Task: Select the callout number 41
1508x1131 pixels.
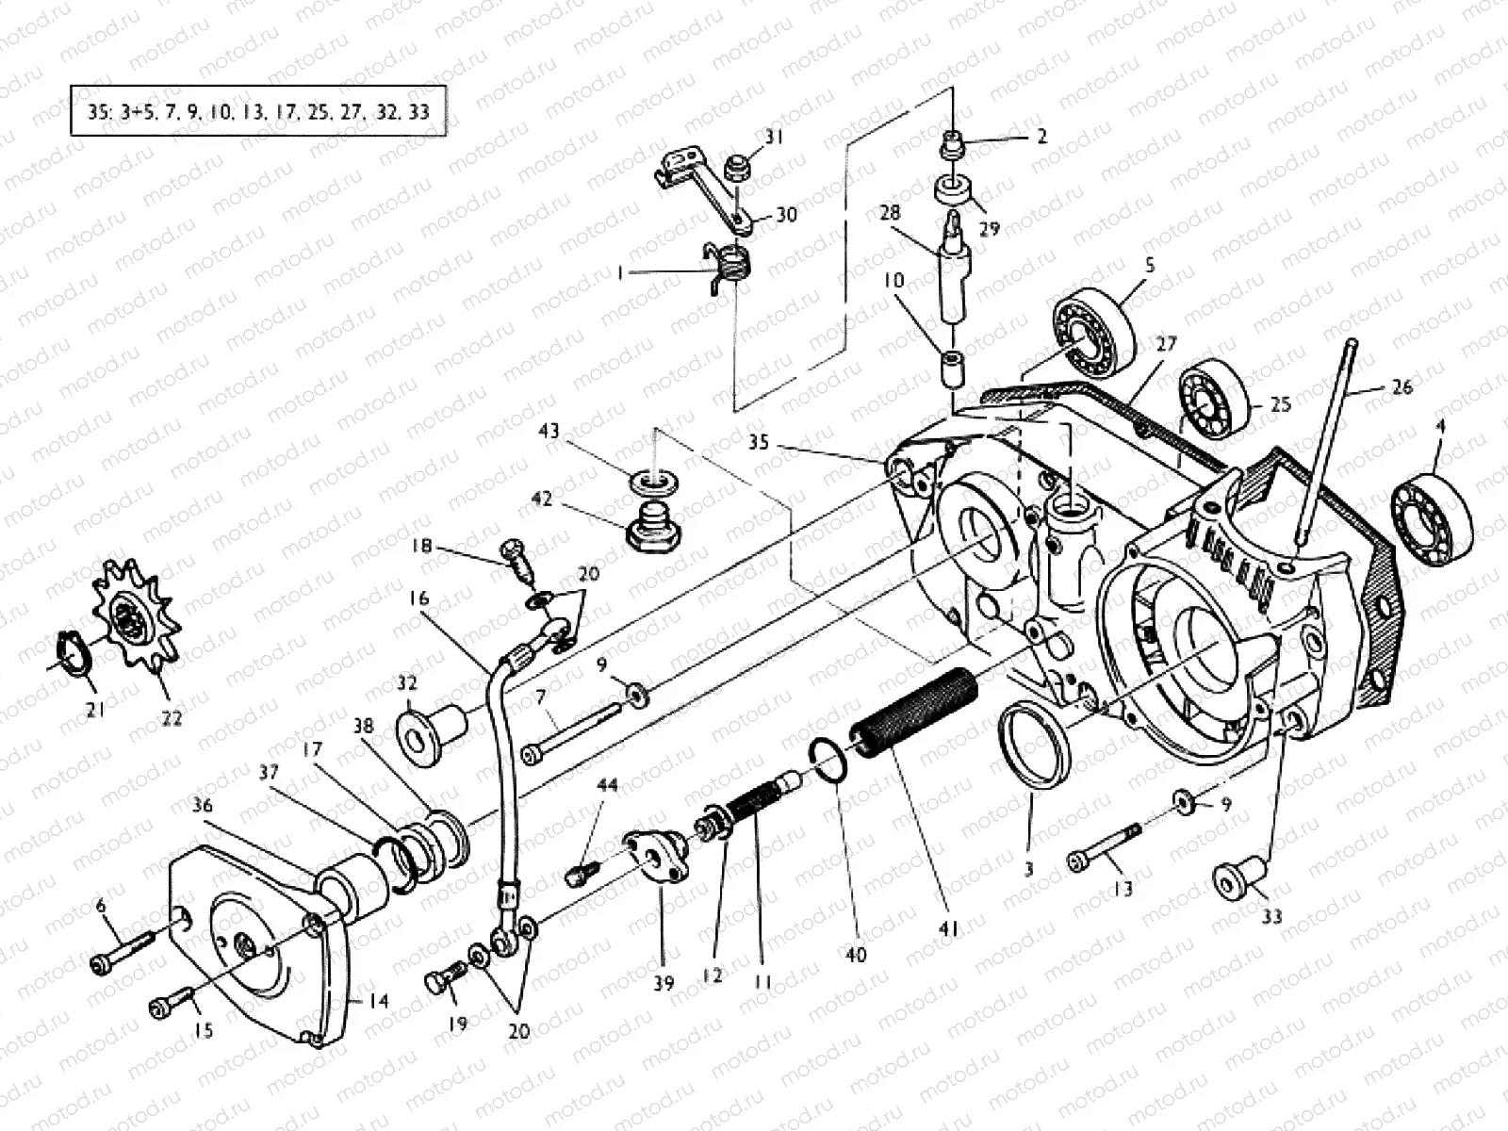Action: tap(947, 929)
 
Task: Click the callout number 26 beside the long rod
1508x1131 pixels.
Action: tap(1401, 387)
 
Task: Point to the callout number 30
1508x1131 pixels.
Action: tap(785, 215)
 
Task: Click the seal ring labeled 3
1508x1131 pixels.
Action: tap(1034, 745)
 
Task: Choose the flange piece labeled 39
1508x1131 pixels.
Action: tap(656, 854)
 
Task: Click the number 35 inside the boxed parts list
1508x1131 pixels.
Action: tap(98, 112)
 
